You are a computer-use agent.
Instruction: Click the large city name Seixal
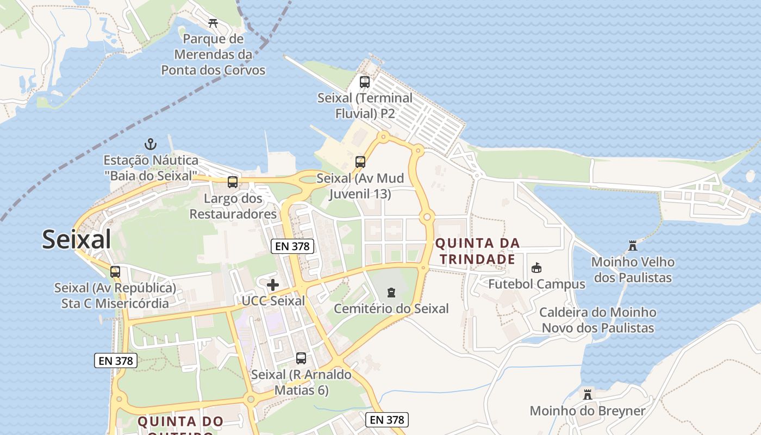click(x=77, y=239)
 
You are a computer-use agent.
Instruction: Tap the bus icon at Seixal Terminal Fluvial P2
click(x=365, y=82)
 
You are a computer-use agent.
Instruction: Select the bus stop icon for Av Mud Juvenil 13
click(x=360, y=161)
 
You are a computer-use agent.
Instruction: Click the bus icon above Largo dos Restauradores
click(x=233, y=182)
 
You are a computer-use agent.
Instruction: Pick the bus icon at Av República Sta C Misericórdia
click(x=115, y=271)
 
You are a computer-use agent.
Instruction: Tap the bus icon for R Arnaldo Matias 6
click(x=301, y=358)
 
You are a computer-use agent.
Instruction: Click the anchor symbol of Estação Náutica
click(x=151, y=144)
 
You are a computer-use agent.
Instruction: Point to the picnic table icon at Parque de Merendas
click(x=213, y=23)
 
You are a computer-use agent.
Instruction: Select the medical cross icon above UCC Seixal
click(x=273, y=284)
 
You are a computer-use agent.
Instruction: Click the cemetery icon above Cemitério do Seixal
click(x=391, y=293)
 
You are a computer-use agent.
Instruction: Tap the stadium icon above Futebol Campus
click(x=537, y=268)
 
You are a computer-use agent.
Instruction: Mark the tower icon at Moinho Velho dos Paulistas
click(x=633, y=246)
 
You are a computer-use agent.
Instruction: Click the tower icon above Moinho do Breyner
click(x=587, y=394)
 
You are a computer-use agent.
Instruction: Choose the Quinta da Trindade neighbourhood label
click(x=477, y=251)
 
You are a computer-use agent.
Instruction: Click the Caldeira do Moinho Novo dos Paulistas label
click(x=598, y=320)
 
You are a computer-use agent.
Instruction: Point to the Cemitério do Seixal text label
click(x=391, y=309)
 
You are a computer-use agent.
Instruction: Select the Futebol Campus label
click(x=537, y=284)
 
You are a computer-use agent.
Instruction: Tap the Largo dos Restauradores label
click(x=233, y=206)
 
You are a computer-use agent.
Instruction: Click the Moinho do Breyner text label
click(x=588, y=411)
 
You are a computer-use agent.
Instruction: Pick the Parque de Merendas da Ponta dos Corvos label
click(x=213, y=54)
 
